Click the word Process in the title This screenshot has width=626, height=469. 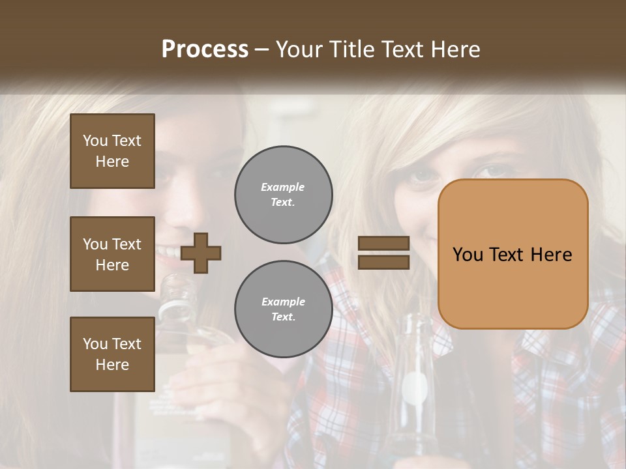coord(205,50)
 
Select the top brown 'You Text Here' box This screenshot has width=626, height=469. coord(112,151)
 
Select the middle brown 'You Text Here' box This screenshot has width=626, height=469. coord(112,254)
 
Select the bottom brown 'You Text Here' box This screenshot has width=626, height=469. coord(112,354)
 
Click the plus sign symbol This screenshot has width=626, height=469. coord(201,253)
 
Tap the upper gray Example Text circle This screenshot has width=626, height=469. coord(284,195)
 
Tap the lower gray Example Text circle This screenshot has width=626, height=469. coord(284,309)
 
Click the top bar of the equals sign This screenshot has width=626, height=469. coord(383,244)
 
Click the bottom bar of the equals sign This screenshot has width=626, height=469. coord(383,262)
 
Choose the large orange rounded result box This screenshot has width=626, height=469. coord(513,254)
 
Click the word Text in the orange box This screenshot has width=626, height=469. coord(511,255)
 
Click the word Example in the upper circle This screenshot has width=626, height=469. coord(283,187)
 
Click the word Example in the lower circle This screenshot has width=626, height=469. coord(283,302)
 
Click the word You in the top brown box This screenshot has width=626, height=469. coord(95,141)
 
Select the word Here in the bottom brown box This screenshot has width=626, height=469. coord(112,365)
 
